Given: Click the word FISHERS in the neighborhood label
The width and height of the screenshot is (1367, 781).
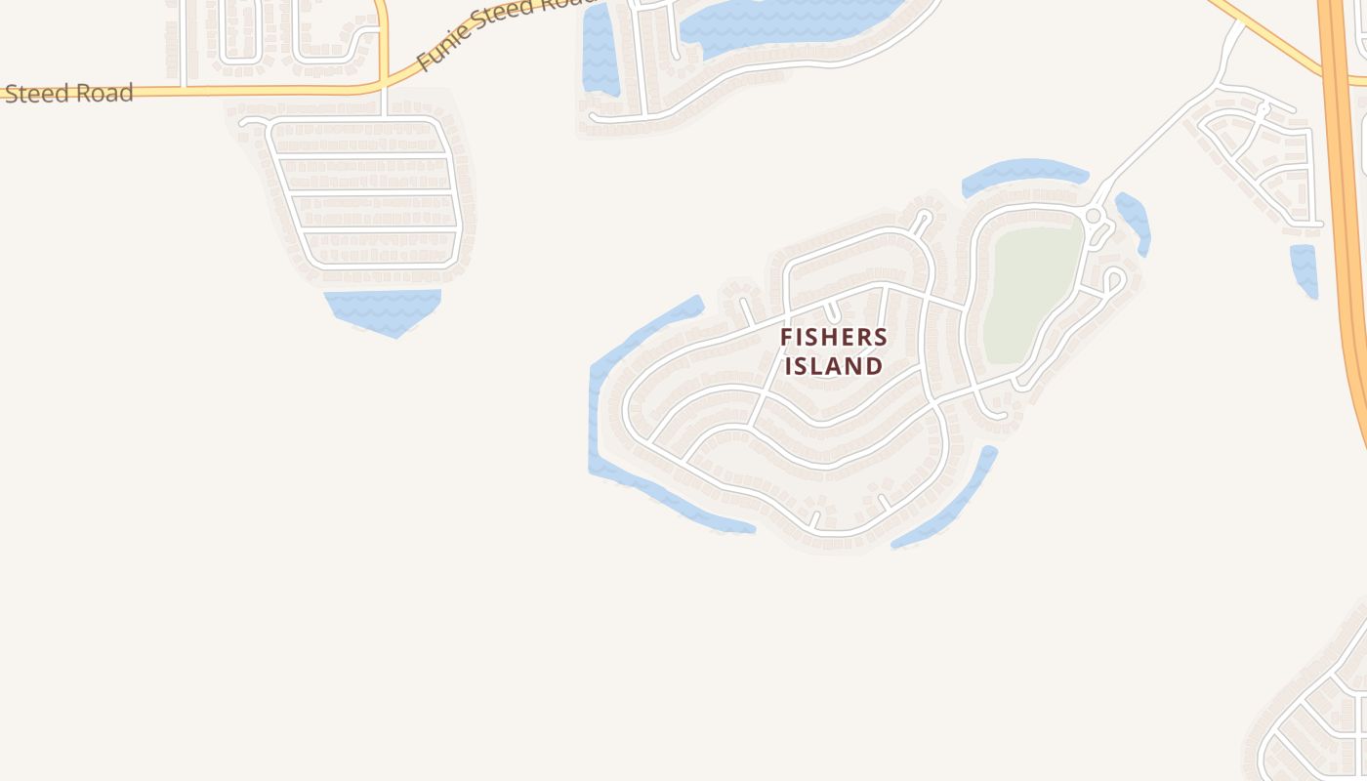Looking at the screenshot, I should pyautogui.click(x=834, y=338).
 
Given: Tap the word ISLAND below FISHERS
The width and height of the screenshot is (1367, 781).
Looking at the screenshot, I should pyautogui.click(x=834, y=367).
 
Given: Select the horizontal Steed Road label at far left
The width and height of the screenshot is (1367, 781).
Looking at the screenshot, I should pyautogui.click(x=68, y=94).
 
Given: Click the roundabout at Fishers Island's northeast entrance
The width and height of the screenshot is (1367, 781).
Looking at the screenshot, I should pyautogui.click(x=1094, y=216).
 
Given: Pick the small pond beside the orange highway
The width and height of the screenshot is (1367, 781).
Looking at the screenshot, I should pyautogui.click(x=1304, y=268).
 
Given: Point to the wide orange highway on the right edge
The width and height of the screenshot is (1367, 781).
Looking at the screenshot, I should pyautogui.click(x=1346, y=195).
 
